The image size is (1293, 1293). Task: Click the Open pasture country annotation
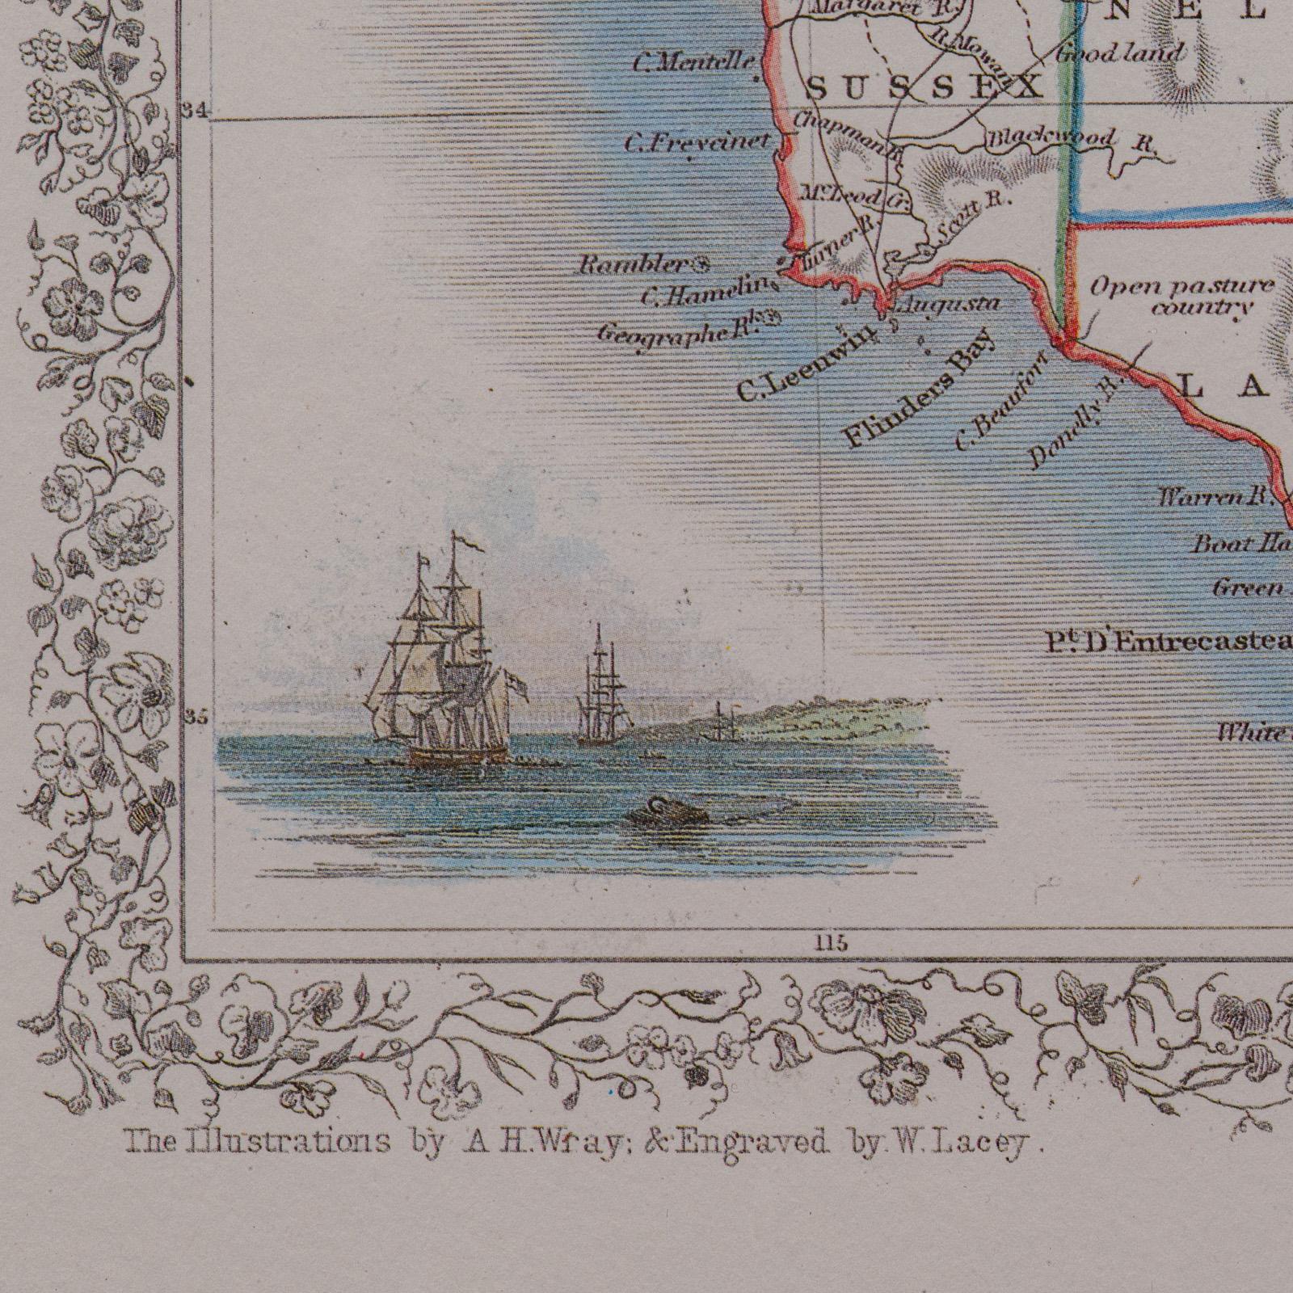(x=1181, y=297)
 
